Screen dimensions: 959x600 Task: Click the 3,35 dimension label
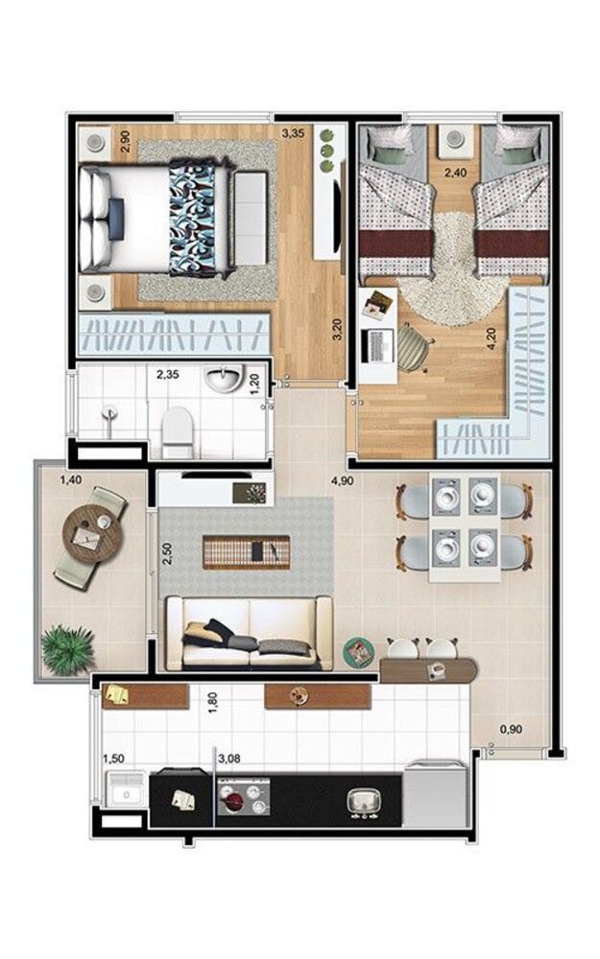click(293, 133)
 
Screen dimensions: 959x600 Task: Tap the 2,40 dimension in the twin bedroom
click(454, 174)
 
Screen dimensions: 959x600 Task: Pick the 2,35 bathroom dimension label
click(168, 375)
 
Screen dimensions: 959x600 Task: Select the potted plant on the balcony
click(68, 648)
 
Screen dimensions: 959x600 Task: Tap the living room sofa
click(250, 633)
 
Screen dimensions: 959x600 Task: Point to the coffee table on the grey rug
click(246, 551)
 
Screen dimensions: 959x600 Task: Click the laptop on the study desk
click(380, 343)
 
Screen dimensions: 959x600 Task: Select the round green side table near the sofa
click(359, 652)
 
